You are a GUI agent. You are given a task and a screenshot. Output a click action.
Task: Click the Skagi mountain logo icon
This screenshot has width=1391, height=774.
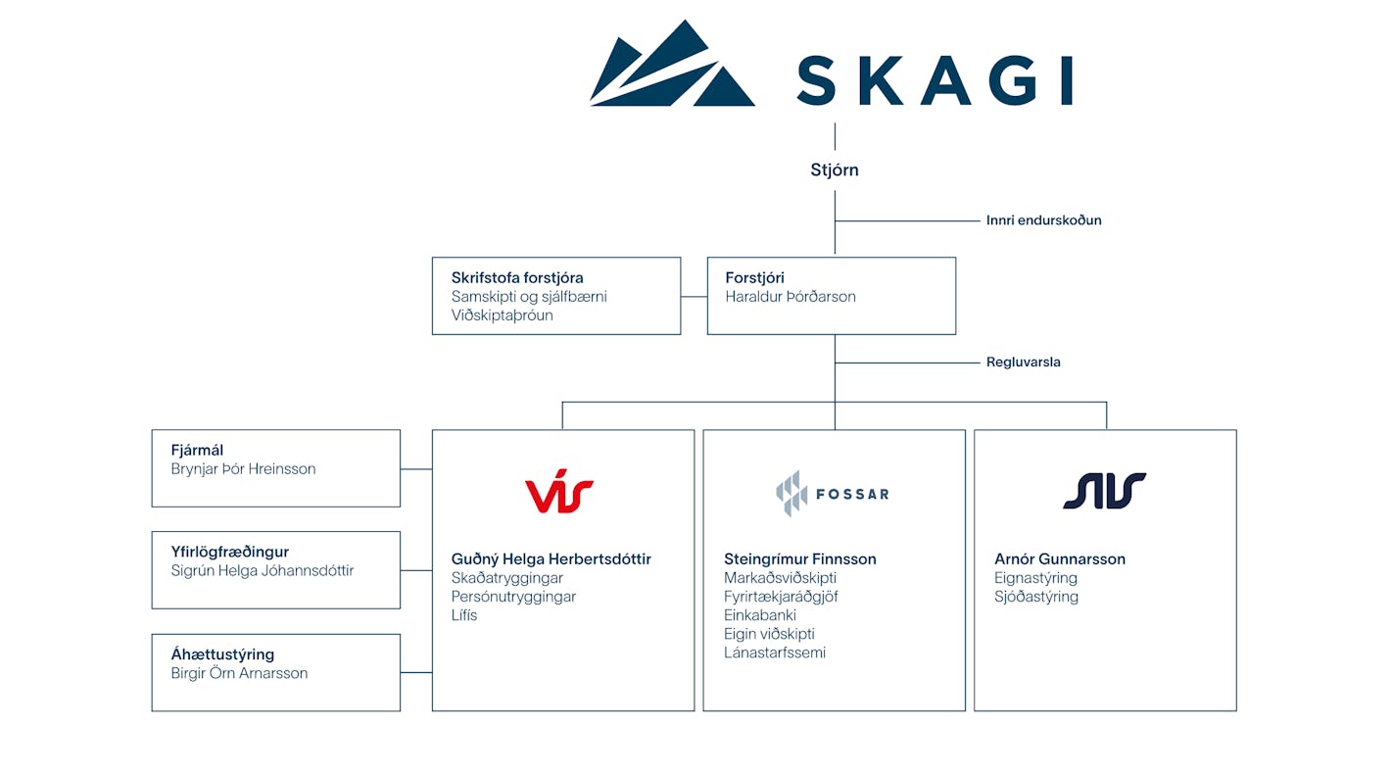[x=672, y=64]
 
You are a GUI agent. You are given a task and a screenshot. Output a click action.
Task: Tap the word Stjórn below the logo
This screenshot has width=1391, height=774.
[x=835, y=170]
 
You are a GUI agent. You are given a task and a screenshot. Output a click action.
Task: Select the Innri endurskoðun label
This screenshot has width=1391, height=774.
[x=1043, y=220]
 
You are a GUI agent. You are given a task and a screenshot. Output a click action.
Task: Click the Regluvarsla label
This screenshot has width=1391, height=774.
[x=1023, y=363]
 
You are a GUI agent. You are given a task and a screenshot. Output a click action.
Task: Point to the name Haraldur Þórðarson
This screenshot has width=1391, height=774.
[x=791, y=297]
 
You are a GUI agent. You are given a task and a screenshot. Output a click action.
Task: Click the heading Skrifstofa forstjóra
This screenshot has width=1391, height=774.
[x=517, y=278]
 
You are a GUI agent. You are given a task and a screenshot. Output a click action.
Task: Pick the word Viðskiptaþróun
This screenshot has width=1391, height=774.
[x=502, y=315]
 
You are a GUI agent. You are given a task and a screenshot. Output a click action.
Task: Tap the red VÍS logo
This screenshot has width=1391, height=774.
[x=559, y=492]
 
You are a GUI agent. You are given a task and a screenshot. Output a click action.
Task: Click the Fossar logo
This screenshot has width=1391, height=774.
[x=833, y=493]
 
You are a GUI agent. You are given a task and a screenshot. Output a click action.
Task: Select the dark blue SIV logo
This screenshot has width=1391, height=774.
[x=1104, y=491]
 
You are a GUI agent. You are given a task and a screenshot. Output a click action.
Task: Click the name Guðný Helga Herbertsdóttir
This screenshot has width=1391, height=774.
[x=551, y=559]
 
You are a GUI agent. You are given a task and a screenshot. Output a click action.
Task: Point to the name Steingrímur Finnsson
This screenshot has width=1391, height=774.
[x=799, y=559]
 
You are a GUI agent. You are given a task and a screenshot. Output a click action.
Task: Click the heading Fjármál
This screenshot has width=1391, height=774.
[x=197, y=451]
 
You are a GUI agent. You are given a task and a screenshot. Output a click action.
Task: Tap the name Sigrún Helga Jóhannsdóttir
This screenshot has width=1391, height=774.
[x=263, y=571]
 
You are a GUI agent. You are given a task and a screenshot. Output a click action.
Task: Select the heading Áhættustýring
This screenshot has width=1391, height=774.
[x=222, y=654]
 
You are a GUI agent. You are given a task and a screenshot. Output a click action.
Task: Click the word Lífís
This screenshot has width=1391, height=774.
[x=464, y=615]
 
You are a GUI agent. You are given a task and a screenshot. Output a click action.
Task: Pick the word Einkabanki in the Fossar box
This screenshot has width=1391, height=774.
[x=759, y=615]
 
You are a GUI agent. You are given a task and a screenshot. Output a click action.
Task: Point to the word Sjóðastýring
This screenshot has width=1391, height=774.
[x=1035, y=597]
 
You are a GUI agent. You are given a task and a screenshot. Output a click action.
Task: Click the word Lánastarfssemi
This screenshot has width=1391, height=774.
[x=774, y=653]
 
